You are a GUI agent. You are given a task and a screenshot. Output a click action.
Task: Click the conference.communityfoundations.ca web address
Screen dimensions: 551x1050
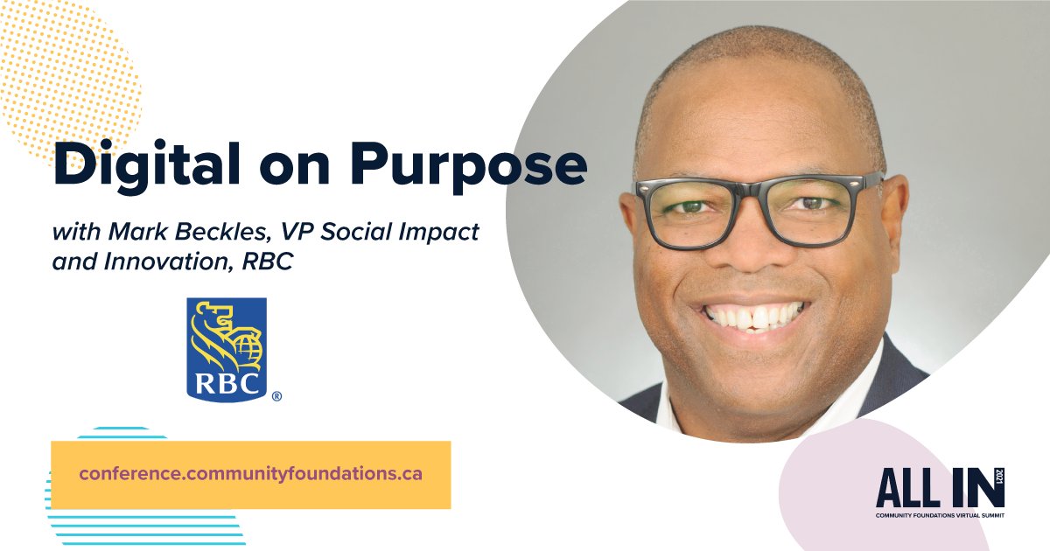tap(250, 474)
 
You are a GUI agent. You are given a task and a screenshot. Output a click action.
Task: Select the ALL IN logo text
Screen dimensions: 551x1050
tap(933, 487)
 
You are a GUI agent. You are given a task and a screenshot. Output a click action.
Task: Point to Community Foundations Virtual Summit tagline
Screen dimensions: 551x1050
tap(940, 516)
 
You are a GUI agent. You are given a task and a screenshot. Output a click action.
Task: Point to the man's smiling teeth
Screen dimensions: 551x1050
tap(753, 316)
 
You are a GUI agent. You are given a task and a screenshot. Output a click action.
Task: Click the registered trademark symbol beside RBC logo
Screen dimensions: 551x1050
tap(276, 396)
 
